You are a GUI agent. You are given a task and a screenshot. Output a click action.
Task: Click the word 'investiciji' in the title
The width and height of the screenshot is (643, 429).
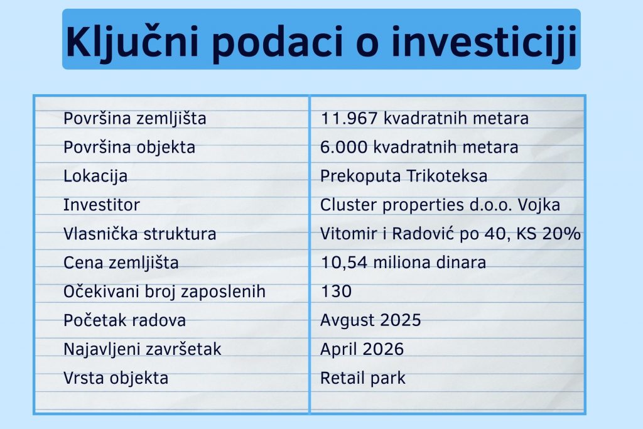click(484, 41)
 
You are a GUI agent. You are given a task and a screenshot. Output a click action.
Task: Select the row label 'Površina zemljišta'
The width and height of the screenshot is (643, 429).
click(135, 119)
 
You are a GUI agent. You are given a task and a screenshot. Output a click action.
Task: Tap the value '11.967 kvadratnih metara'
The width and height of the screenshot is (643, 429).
click(424, 119)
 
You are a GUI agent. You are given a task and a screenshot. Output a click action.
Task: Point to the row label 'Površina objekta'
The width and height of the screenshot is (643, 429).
click(129, 147)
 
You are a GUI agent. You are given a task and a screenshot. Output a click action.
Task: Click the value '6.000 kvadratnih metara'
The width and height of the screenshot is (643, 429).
click(419, 147)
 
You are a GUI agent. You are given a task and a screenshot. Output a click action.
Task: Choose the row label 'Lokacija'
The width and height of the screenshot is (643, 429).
click(95, 176)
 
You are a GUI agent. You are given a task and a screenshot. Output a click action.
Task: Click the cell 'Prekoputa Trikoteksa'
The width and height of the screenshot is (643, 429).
click(404, 176)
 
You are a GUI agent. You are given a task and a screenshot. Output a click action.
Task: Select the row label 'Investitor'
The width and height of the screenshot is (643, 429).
click(101, 205)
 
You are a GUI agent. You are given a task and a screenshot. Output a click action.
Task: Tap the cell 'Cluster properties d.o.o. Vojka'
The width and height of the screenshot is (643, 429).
click(440, 205)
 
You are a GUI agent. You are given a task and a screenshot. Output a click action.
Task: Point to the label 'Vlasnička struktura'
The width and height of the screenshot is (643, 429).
click(139, 234)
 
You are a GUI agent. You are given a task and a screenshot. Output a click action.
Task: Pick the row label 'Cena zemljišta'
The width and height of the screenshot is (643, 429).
click(121, 263)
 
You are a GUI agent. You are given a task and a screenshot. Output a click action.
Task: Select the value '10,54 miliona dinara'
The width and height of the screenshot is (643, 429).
click(403, 263)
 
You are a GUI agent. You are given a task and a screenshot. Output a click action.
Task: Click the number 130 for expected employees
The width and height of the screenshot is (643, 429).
click(336, 291)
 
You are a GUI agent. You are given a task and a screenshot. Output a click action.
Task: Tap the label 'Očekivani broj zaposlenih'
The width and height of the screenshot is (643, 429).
click(165, 291)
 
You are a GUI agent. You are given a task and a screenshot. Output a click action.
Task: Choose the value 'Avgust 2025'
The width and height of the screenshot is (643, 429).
click(370, 320)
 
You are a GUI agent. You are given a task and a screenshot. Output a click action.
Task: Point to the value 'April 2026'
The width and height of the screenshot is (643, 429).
click(362, 349)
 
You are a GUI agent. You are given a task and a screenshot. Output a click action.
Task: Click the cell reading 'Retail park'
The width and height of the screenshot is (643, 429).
click(362, 377)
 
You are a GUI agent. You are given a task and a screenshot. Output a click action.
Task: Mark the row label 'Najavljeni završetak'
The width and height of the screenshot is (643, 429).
click(143, 349)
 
